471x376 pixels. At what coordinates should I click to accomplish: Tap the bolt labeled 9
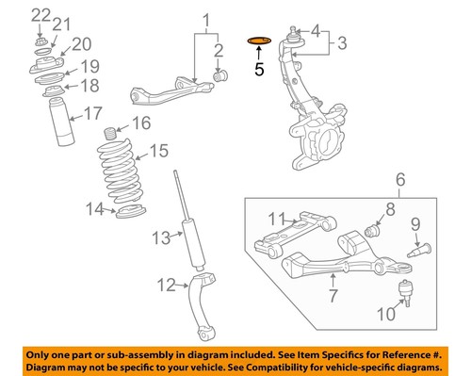click(x=420, y=249)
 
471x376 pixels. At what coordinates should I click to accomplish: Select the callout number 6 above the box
click(x=398, y=179)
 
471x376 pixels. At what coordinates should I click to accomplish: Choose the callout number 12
click(x=167, y=284)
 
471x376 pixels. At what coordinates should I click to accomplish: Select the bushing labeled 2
click(x=224, y=75)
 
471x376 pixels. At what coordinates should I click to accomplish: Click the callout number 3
click(x=342, y=42)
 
